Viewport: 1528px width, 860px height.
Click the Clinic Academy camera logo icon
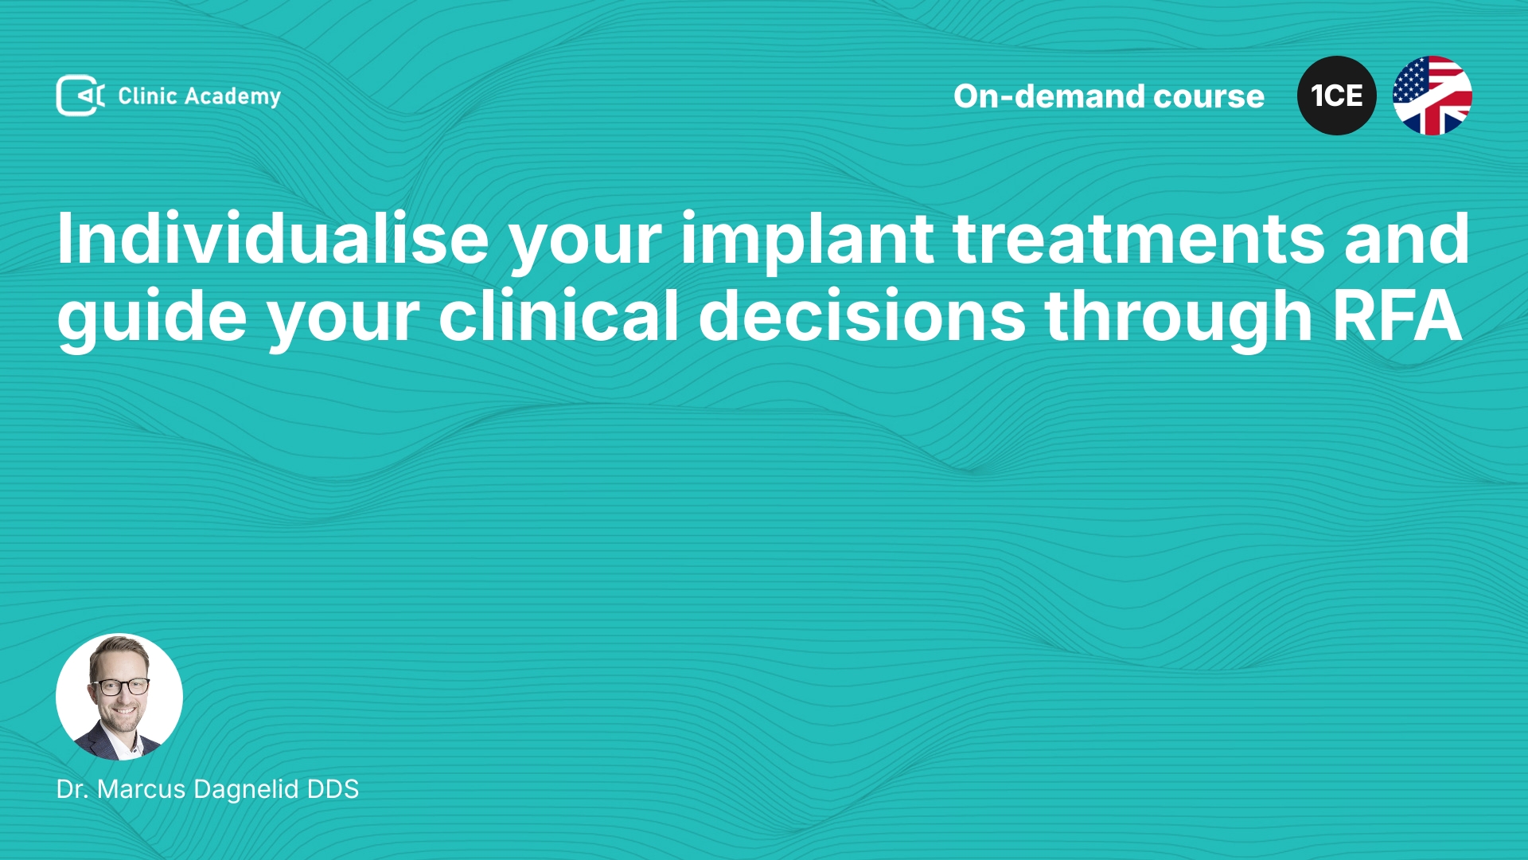(80, 96)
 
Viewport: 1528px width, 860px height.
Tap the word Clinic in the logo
(147, 96)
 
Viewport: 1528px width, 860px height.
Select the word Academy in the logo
(232, 97)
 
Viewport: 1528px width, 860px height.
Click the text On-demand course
(1109, 96)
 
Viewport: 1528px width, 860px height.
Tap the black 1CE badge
(1337, 96)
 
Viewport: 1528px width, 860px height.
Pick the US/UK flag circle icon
(1432, 96)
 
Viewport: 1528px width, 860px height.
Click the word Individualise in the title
(273, 238)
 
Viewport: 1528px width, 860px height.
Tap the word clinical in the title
(559, 315)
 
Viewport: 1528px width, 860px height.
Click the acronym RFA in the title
(1397, 316)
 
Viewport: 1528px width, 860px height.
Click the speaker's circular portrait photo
(119, 697)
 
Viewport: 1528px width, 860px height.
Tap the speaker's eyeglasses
(120, 686)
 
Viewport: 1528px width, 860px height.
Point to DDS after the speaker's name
(333, 789)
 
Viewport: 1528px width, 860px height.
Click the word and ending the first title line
(1407, 238)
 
